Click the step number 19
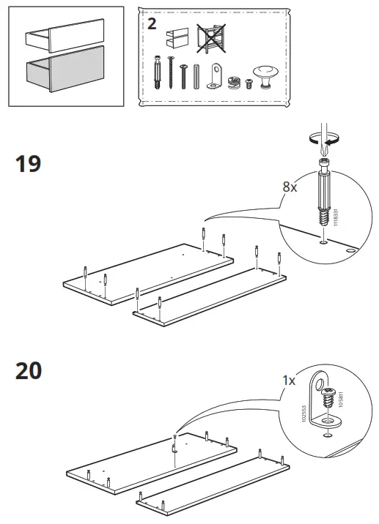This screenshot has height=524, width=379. click(x=29, y=163)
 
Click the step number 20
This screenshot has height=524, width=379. click(x=29, y=371)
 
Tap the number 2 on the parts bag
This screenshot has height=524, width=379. click(x=152, y=23)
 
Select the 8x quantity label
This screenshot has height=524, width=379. click(x=291, y=187)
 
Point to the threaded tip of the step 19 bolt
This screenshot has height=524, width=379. click(x=323, y=218)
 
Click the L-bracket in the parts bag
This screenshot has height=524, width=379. click(x=214, y=74)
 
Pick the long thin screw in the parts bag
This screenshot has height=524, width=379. click(x=171, y=73)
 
